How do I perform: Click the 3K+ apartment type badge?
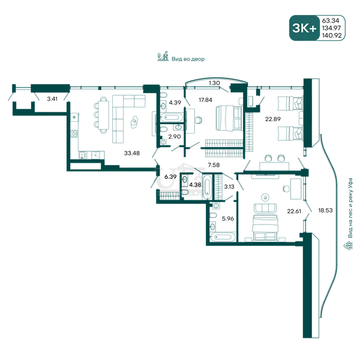(304, 28)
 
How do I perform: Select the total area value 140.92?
(332, 35)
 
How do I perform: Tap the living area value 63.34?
(331, 20)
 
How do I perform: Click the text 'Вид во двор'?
(188, 59)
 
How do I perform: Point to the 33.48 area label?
(132, 153)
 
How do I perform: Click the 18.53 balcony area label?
(325, 210)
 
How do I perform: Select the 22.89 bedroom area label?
(273, 119)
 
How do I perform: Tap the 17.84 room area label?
(205, 100)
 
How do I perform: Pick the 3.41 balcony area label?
(52, 99)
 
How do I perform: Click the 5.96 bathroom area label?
(228, 218)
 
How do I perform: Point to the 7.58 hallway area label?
(214, 165)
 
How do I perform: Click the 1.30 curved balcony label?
(214, 83)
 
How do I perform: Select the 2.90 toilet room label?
(175, 137)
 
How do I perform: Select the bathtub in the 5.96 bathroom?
(223, 237)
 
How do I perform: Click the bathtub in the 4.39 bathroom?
(172, 118)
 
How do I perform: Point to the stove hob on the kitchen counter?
(74, 134)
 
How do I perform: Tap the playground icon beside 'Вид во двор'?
(163, 56)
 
